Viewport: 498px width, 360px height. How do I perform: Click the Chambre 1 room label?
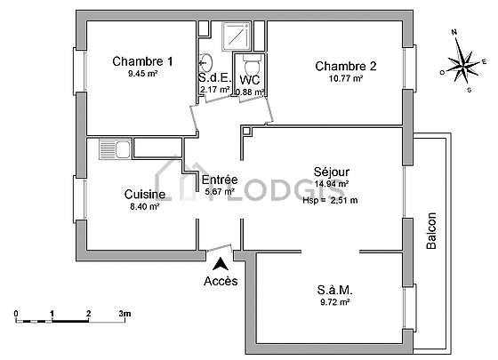142,61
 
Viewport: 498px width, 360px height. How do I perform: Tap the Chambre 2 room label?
346,66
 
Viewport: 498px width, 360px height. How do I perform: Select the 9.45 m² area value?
143,74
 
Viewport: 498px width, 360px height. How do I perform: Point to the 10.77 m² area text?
346,78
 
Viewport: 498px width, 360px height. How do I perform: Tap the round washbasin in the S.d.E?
206,62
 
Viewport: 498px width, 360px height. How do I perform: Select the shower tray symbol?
237,36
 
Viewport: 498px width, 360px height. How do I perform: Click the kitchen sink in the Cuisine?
115,149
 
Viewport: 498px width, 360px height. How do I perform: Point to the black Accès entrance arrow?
221,264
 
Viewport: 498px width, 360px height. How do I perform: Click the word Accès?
221,281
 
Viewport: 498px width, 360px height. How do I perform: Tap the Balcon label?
431,231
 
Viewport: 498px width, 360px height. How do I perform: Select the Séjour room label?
332,172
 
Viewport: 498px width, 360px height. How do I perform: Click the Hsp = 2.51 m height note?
330,200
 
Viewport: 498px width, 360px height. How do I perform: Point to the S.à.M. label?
334,290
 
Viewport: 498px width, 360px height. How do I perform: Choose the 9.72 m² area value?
335,302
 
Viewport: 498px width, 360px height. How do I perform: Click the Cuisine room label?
145,195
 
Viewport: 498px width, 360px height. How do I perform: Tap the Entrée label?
220,180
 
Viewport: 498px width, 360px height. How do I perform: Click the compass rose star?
463,65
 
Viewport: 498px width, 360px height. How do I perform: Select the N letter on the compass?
454,32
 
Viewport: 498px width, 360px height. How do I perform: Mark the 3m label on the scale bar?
124,314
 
